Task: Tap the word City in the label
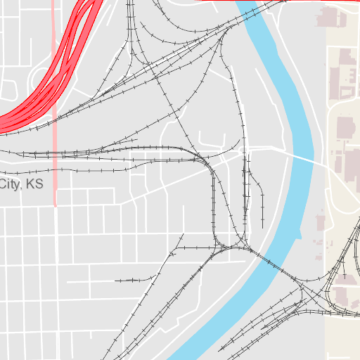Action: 9,184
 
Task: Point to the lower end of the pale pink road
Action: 55,204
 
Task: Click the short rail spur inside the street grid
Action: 134,281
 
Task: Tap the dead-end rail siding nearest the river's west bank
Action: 262,200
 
